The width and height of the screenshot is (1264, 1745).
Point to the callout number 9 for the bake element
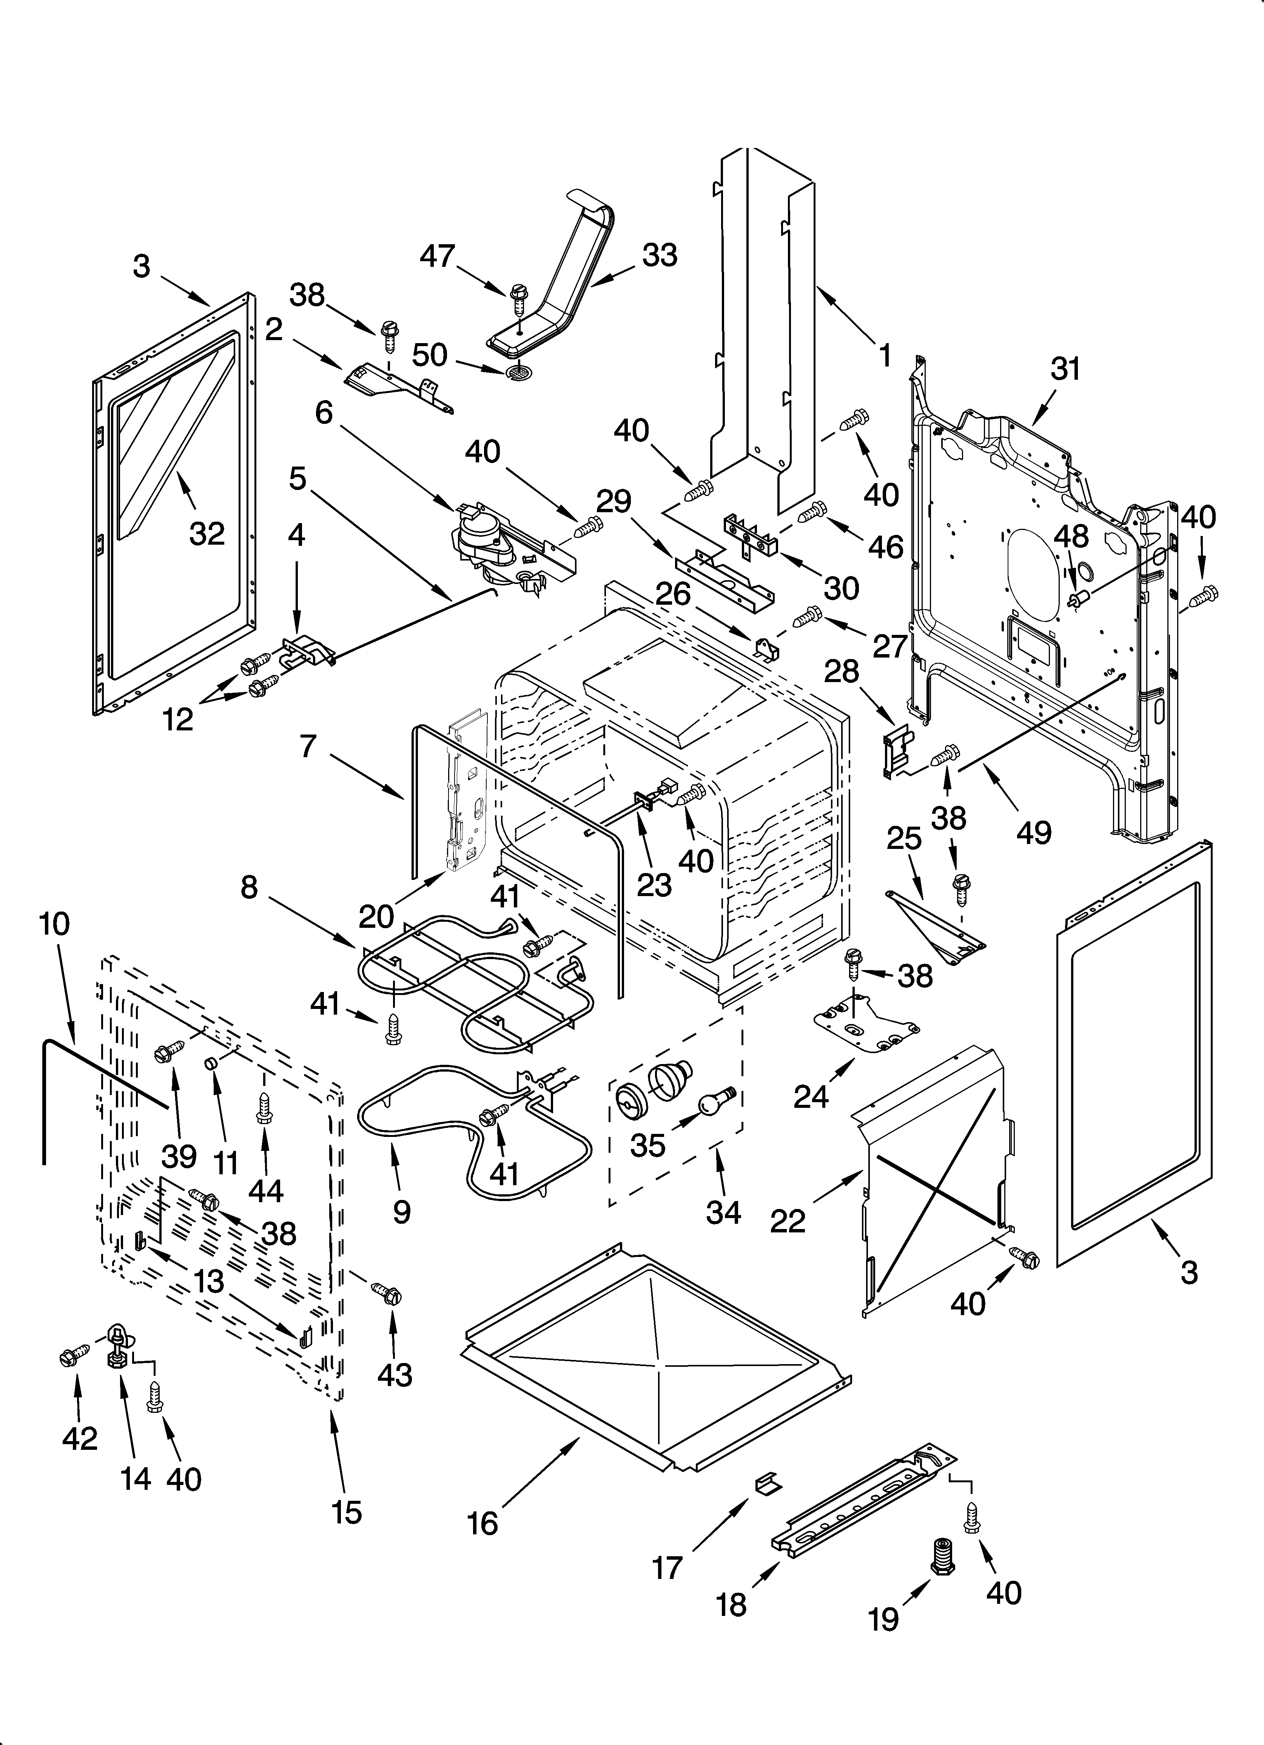401,1212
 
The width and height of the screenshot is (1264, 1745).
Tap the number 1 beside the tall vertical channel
885,356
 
